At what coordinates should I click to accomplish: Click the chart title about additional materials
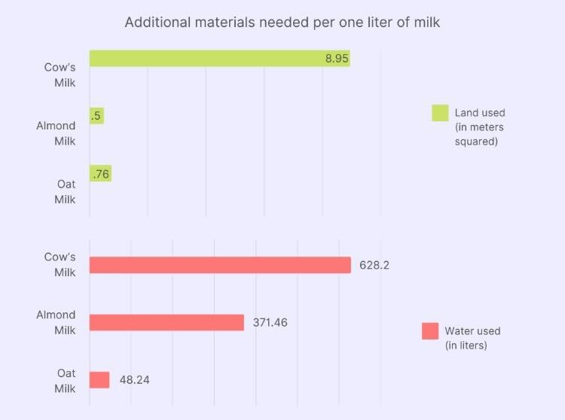(x=282, y=22)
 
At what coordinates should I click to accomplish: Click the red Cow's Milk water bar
(x=220, y=265)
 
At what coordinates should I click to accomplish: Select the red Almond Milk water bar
(x=166, y=322)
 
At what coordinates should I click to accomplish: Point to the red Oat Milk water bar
(x=99, y=380)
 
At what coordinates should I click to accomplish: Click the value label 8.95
(x=337, y=59)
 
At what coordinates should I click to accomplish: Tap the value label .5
(x=96, y=116)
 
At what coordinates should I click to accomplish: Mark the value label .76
(x=99, y=174)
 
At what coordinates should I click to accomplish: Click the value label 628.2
(x=374, y=265)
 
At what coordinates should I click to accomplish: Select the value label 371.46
(x=270, y=322)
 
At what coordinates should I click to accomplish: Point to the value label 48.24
(x=134, y=380)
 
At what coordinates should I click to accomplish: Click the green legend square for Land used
(x=440, y=113)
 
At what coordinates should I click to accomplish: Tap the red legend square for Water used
(x=430, y=331)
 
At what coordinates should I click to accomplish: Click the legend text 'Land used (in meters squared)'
(x=480, y=127)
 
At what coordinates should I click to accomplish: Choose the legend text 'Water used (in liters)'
(x=472, y=338)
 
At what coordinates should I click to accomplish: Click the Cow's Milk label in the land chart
(x=60, y=73)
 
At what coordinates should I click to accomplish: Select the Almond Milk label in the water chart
(x=56, y=322)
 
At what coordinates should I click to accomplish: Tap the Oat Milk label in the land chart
(x=66, y=191)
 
